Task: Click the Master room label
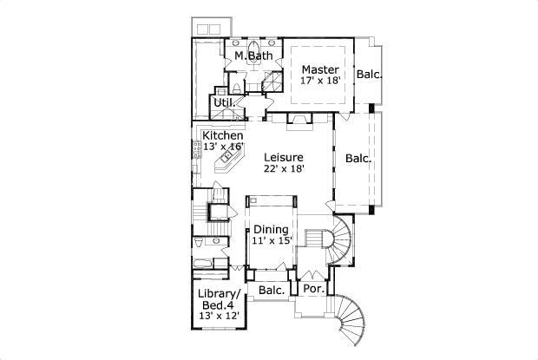tap(320, 69)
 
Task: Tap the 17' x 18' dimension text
tap(320, 81)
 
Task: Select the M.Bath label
tap(254, 56)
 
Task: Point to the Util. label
tap(225, 102)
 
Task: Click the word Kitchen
tap(223, 135)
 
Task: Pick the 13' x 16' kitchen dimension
tap(223, 147)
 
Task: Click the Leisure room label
tap(284, 157)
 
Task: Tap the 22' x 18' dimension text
tap(285, 168)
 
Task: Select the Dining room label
tap(271, 229)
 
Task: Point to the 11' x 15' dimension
tap(272, 240)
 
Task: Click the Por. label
tap(314, 289)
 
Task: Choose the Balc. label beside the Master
tap(369, 74)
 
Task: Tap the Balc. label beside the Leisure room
tap(358, 159)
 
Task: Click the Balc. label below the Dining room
tap(272, 290)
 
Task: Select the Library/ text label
tap(220, 294)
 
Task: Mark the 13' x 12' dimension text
tap(219, 316)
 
